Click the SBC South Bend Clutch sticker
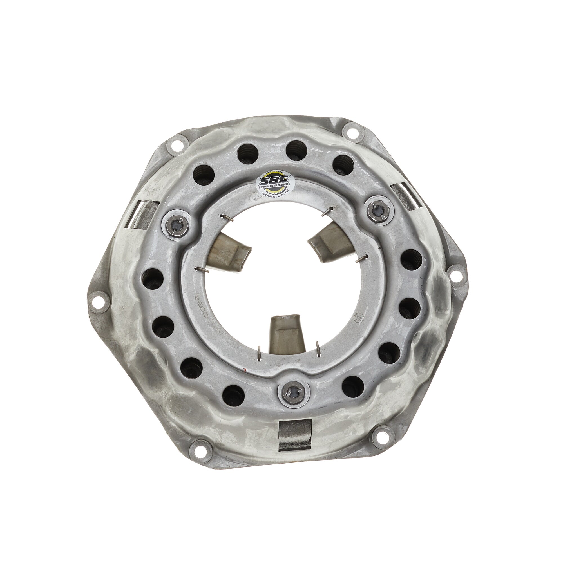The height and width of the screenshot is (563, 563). (x=275, y=184)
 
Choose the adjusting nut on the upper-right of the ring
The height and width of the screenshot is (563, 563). (x=378, y=209)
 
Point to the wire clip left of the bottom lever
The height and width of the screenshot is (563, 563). (x=259, y=353)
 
